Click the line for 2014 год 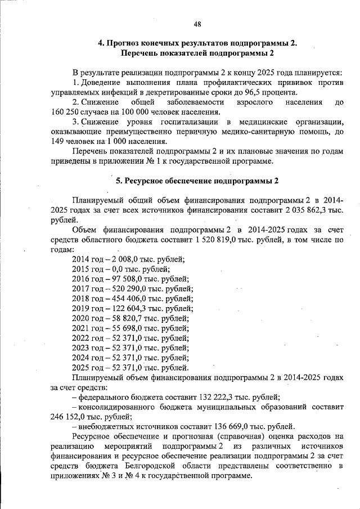point(128,259)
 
